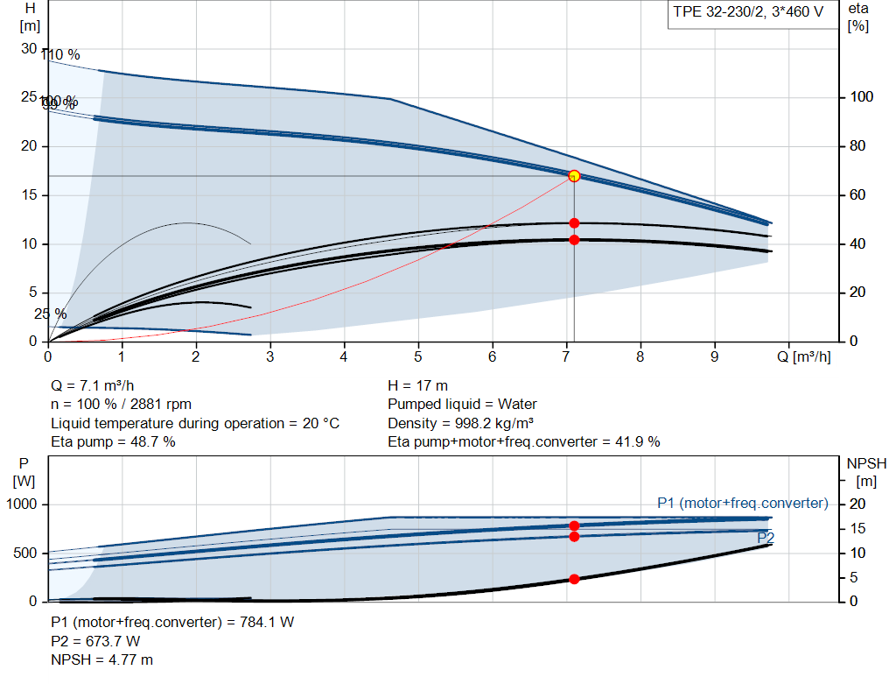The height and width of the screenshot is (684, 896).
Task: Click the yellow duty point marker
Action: [574, 176]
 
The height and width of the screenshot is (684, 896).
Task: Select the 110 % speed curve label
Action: [60, 55]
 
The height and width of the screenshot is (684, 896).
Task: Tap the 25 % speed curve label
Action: [50, 314]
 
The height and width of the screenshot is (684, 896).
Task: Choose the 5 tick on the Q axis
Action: [418, 356]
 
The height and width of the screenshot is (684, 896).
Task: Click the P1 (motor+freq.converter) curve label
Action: [742, 503]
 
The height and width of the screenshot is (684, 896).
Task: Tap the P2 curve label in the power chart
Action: [765, 537]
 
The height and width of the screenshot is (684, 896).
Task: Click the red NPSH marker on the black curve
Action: [574, 579]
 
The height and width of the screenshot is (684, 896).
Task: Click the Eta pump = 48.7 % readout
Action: [113, 441]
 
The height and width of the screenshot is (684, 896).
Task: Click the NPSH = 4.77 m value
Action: [101, 659]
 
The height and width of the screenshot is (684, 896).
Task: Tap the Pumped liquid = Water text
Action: [462, 404]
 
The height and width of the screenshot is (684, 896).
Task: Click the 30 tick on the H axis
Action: [29, 48]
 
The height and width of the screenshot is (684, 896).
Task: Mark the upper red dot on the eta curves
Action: [574, 223]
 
